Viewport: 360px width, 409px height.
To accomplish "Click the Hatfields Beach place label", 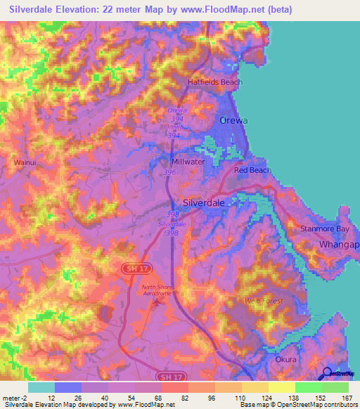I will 214,82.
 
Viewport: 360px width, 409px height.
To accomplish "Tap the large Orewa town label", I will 233,120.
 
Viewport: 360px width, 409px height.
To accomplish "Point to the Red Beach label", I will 252,170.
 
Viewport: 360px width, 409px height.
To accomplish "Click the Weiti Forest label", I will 264,301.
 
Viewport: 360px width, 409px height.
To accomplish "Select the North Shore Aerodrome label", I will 157,290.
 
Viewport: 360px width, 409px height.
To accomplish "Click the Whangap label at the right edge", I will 340,244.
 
